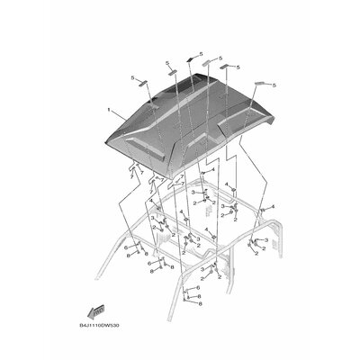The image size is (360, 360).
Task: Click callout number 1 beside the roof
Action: pyautogui.click(x=110, y=112)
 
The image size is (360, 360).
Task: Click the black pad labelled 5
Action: pyautogui.click(x=191, y=58)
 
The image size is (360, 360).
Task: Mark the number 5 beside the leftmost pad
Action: pyautogui.click(x=132, y=76)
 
